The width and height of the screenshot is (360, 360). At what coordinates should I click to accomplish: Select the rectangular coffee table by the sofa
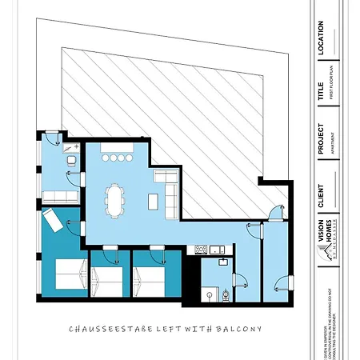tap(150, 198)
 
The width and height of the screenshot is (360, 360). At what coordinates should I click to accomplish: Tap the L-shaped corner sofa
tap(169, 192)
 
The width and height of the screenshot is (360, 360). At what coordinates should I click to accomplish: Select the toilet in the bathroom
tap(226, 294)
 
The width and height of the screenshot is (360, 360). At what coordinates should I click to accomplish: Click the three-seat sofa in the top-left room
tap(58, 196)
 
